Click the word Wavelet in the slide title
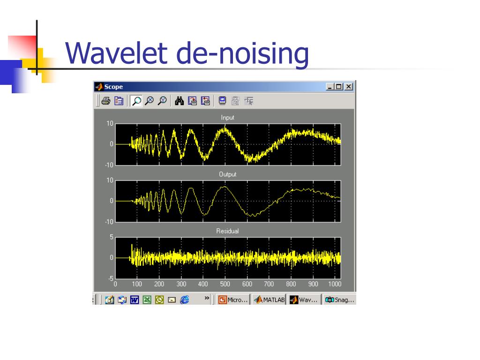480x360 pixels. click(116, 53)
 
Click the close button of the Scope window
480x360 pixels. click(349, 87)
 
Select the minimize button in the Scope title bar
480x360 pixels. click(330, 87)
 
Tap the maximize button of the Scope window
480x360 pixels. click(338, 87)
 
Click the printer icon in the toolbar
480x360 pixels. click(106, 101)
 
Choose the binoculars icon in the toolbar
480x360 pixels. click(179, 101)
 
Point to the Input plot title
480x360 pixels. click(227, 118)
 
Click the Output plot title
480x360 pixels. click(227, 174)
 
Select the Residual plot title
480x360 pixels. click(227, 231)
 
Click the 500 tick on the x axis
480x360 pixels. click(225, 284)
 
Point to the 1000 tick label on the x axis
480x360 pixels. click(335, 284)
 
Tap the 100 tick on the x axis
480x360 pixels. click(137, 284)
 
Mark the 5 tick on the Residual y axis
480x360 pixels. click(112, 237)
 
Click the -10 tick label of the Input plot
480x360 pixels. click(109, 165)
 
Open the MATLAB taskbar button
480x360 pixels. click(270, 300)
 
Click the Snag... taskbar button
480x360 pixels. click(339, 300)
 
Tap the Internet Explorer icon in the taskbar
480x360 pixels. click(184, 300)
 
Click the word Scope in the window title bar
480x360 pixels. click(113, 87)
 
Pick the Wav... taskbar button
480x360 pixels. click(304, 300)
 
